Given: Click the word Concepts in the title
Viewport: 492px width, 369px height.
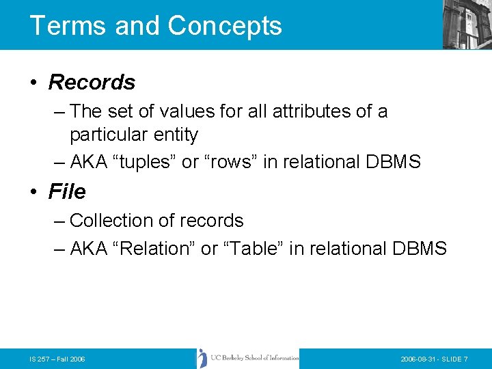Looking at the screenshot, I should pos(225,25).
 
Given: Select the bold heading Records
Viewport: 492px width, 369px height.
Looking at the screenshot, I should pos(92,83).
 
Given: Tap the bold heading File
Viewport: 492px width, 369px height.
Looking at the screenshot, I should pos(67,192).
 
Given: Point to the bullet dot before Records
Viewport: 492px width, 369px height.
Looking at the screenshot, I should pos(33,83).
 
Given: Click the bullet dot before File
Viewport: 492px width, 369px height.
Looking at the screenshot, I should pos(33,192).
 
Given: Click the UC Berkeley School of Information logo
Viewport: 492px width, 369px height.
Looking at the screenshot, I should pos(248,358).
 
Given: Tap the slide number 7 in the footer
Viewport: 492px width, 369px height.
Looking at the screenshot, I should pos(465,359).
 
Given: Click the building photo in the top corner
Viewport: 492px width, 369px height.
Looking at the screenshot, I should pos(467,24).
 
